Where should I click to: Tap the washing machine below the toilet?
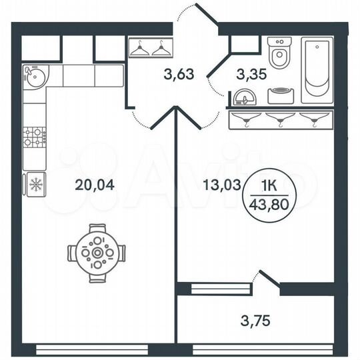point(282,94)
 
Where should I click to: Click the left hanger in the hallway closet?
point(140,49)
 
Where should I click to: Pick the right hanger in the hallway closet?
point(161,49)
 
